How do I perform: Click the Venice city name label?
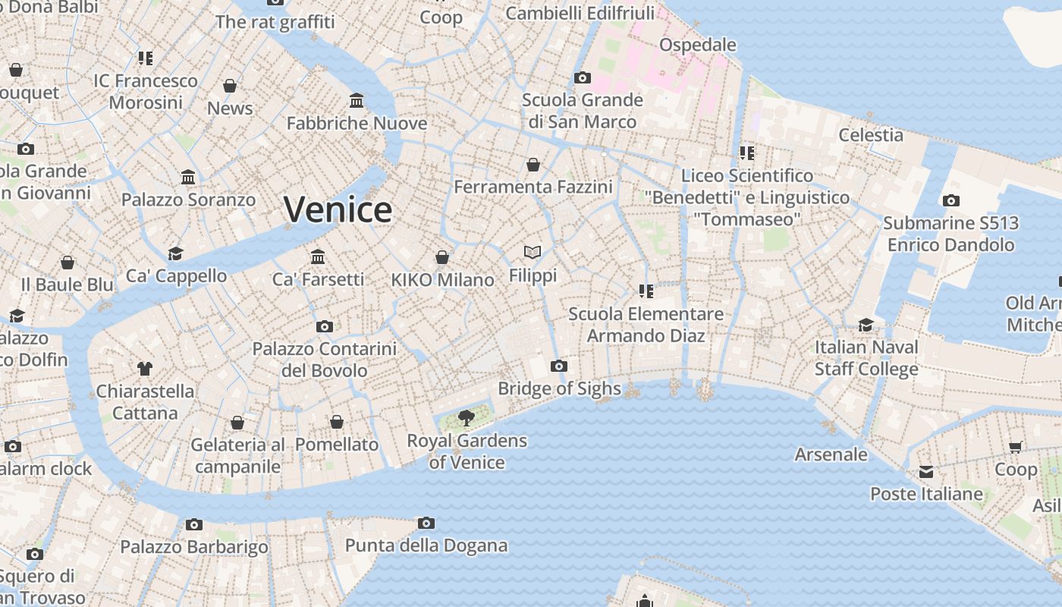338,209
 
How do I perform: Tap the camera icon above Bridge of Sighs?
559,366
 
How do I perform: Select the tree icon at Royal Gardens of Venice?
467,417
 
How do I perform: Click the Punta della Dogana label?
426,545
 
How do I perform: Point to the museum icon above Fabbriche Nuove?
357,100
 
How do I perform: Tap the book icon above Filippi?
533,252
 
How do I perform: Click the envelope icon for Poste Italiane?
926,472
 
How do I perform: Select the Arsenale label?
831,454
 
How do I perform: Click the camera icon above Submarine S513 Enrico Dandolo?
950,200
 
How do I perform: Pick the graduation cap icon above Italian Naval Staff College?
866,325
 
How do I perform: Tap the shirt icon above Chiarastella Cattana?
145,369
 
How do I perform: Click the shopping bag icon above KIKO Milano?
442,257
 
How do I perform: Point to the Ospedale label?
697,45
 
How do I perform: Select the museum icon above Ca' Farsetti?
318,256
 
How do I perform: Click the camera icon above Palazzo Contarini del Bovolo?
325,326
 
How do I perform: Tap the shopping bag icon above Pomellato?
337,421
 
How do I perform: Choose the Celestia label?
870,135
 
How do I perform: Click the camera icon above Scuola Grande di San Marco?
583,77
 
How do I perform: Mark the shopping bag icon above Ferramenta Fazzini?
533,164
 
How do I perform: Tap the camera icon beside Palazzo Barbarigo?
194,524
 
